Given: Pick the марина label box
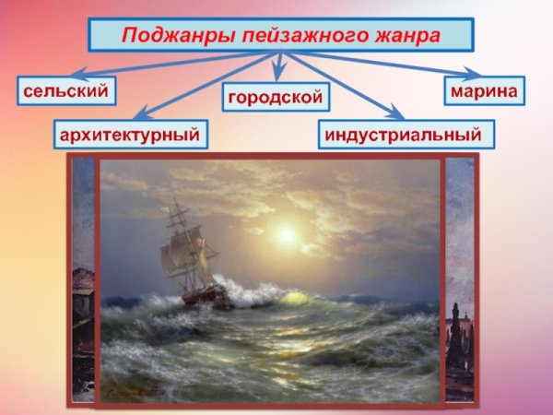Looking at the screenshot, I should (484, 90).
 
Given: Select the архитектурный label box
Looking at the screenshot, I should (130, 135).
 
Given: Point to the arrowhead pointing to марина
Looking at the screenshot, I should (473, 73).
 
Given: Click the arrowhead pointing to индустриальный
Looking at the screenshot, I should (395, 114).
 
